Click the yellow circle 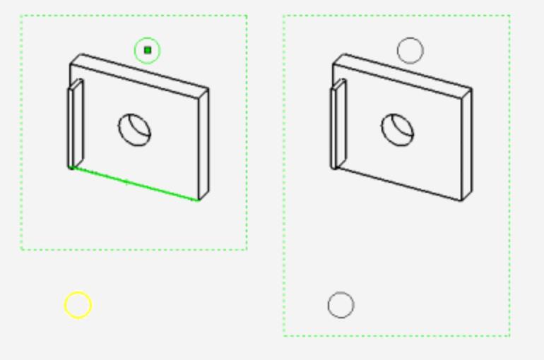(x=78, y=305)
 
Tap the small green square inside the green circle (x=148, y=50)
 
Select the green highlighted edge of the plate (x=134, y=184)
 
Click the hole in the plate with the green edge (x=134, y=130)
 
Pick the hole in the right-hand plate (x=398, y=130)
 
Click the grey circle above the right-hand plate (x=410, y=50)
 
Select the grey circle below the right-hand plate (x=341, y=305)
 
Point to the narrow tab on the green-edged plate (x=76, y=123)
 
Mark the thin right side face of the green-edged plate (x=203, y=145)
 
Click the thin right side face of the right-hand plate (x=467, y=145)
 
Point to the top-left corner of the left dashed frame (x=21, y=16)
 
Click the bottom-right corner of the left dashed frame (x=247, y=249)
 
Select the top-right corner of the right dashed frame (x=509, y=16)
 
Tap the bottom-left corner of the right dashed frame (x=284, y=335)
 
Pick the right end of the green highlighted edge (x=199, y=200)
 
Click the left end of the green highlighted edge (x=71, y=168)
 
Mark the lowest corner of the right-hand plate (x=462, y=201)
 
